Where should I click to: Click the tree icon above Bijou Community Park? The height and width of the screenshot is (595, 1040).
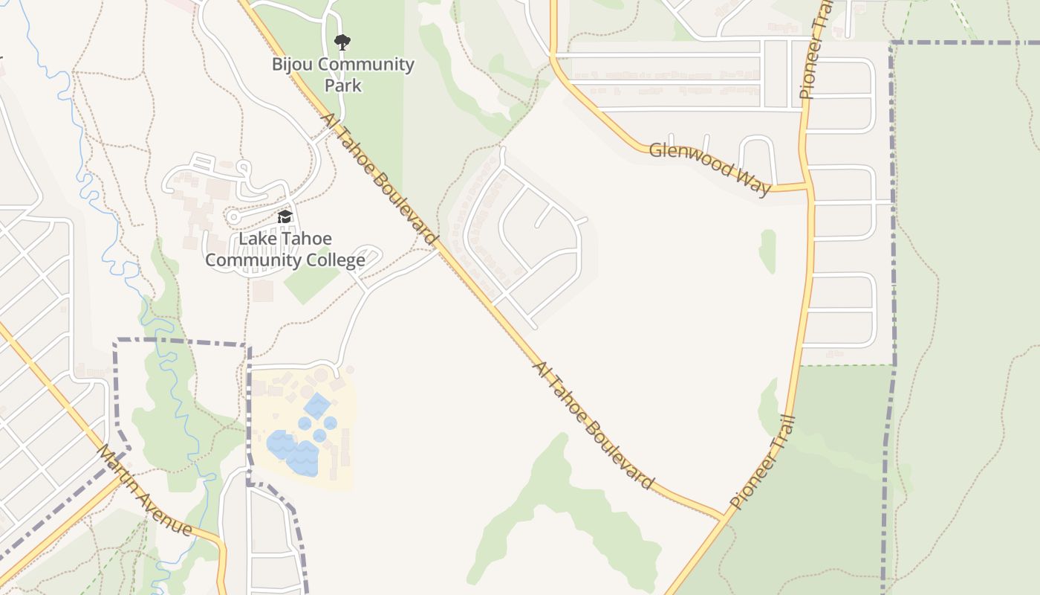[342, 42]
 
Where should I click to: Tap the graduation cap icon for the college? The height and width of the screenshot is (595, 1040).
[285, 217]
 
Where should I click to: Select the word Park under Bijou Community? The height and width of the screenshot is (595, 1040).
[343, 86]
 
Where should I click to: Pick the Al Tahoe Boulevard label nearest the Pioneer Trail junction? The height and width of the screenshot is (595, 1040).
[593, 425]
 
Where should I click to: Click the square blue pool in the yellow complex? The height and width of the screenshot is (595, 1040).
[317, 405]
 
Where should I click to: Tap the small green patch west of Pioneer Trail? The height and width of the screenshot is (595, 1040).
[767, 251]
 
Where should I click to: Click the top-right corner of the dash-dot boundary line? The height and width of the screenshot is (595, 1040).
[891, 43]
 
